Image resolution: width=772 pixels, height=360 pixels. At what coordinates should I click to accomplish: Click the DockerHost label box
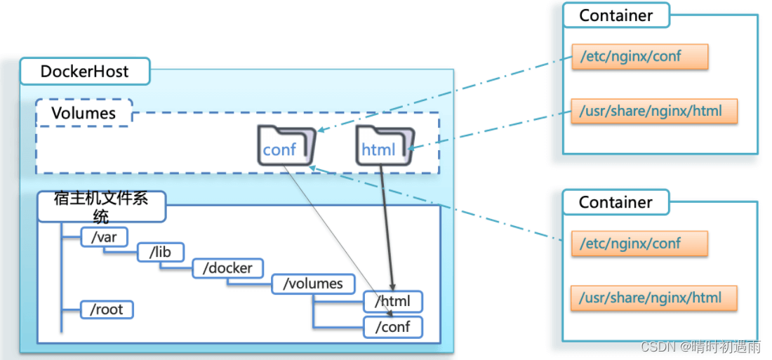tap(84, 72)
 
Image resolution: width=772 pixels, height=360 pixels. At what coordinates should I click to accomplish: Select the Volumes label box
tap(83, 113)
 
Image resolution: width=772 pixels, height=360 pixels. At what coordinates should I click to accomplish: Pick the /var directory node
tap(104, 238)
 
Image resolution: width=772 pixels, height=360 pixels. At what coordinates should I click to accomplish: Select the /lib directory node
tap(160, 253)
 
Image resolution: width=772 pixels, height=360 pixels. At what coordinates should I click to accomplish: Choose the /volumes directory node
tap(312, 284)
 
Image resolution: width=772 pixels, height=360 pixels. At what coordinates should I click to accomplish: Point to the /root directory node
tap(107, 309)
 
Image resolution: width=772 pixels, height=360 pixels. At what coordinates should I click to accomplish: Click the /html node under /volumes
tap(393, 302)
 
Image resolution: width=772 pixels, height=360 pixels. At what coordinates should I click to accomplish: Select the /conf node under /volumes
tap(393, 326)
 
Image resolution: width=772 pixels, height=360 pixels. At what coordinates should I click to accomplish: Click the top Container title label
tap(615, 15)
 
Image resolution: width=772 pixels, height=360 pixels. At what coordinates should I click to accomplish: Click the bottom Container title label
tap(615, 202)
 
